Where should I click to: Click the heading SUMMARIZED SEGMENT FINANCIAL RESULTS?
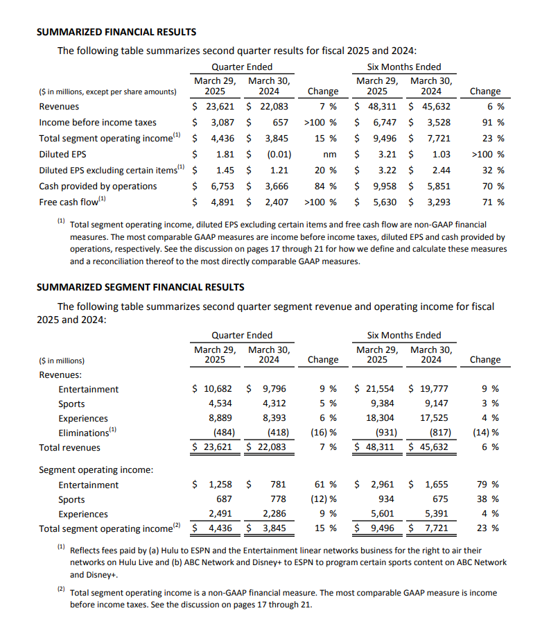[x=140, y=286]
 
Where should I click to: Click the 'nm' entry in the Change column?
[x=331, y=155]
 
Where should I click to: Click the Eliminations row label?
[x=86, y=433]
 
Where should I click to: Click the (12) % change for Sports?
[x=324, y=500]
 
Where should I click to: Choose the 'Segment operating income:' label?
[x=96, y=470]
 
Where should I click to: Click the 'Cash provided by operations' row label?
[x=98, y=187]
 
